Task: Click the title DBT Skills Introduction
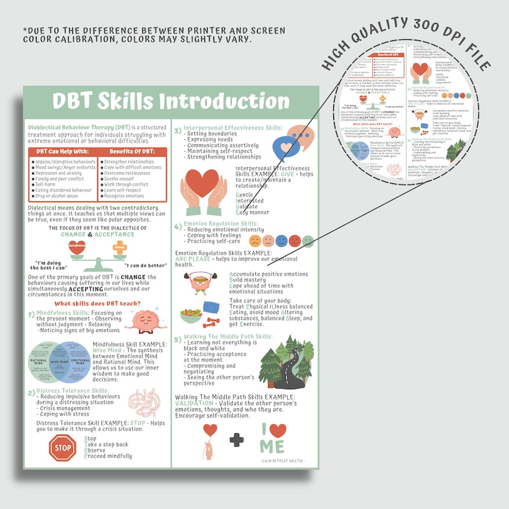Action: click(x=170, y=101)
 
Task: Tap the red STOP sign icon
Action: click(x=62, y=447)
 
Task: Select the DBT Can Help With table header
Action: click(x=63, y=151)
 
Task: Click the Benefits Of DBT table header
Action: click(x=132, y=151)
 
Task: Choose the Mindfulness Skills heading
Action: click(x=63, y=313)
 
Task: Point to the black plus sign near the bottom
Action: click(x=237, y=439)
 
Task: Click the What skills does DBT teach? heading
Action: click(x=97, y=303)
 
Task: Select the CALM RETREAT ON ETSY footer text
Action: click(x=283, y=460)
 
